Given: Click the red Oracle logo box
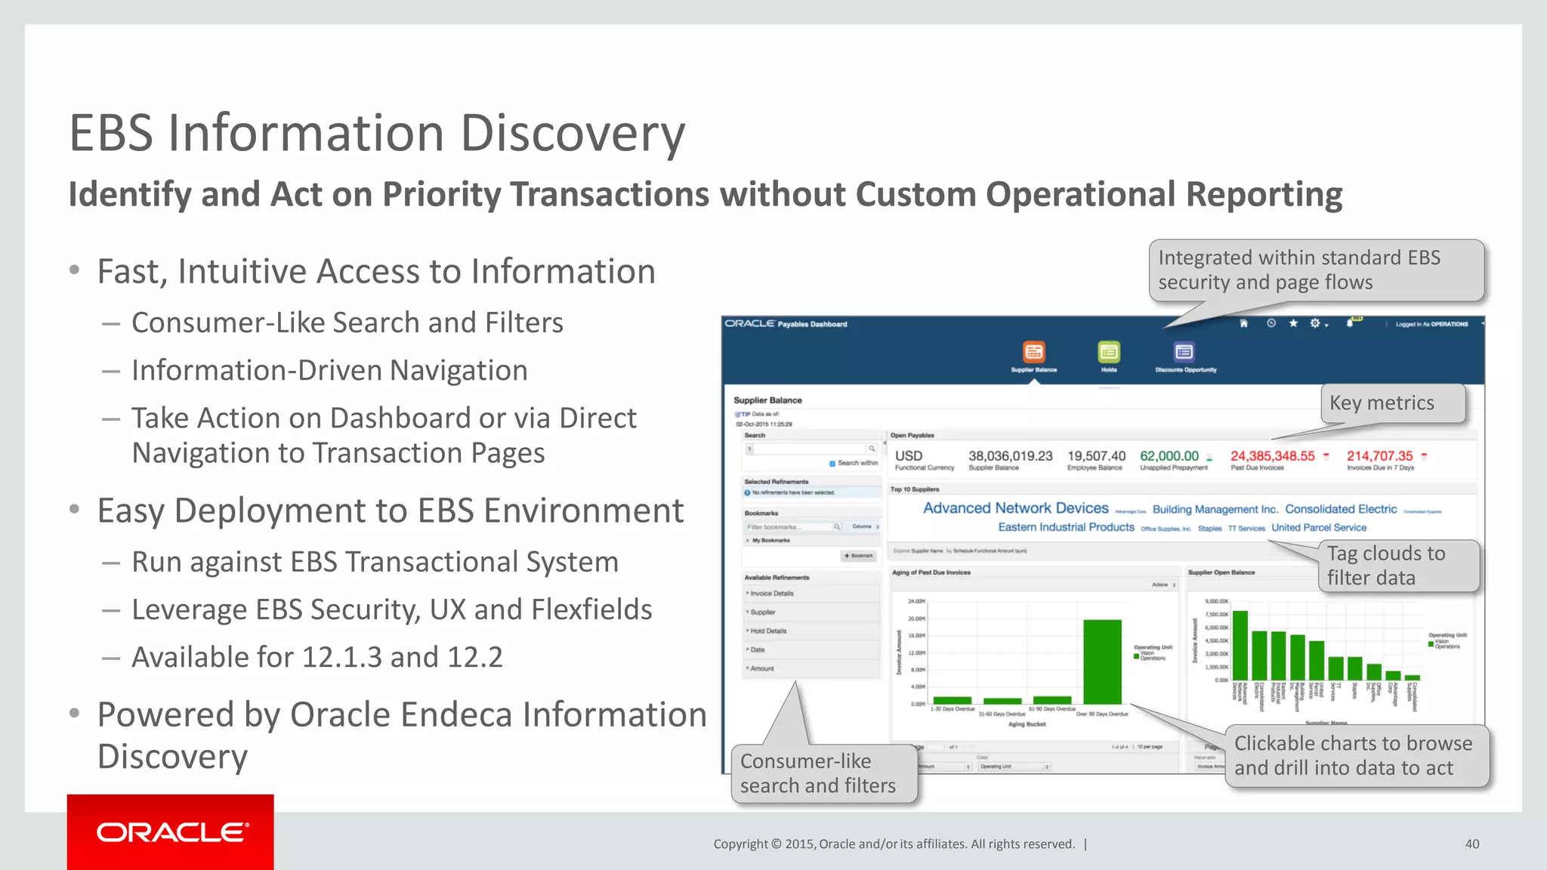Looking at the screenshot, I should (x=170, y=831).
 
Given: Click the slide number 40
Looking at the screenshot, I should (x=1471, y=844).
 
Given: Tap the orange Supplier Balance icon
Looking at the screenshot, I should (x=1033, y=352).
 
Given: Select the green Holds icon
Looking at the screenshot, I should (x=1108, y=352).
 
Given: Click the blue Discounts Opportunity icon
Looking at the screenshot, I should (x=1184, y=352).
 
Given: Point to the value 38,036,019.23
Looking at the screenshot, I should (x=1010, y=456).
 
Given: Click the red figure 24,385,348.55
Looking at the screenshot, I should (x=1272, y=456).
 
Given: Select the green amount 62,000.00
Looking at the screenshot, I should (x=1169, y=456).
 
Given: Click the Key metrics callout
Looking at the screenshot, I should (x=1392, y=403).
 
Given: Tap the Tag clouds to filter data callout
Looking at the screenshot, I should (x=1397, y=566).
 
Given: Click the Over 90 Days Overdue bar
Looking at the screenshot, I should (x=1102, y=662).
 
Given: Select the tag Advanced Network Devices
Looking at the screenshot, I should (x=1015, y=508).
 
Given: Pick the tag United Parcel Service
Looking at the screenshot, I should (x=1318, y=528).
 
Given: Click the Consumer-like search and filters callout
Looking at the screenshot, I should (x=823, y=773).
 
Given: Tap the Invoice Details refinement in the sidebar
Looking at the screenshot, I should (x=772, y=594).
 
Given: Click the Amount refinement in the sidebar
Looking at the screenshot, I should (x=762, y=668).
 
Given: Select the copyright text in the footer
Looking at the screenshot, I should (x=894, y=844).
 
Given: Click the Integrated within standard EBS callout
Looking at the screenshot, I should (x=1314, y=270).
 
